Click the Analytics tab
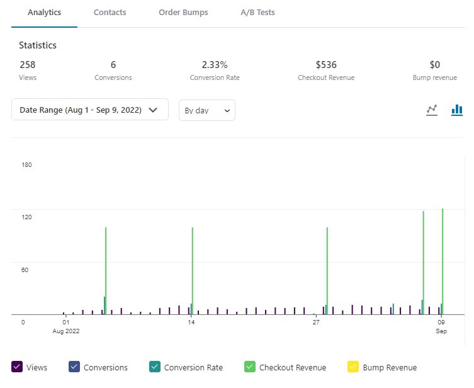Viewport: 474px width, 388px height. [44, 13]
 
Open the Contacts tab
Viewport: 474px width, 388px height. [110, 13]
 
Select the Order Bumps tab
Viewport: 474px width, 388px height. [183, 13]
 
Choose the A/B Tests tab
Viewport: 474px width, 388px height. [257, 13]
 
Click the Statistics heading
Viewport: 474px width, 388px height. [37, 45]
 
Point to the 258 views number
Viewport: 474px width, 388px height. [27, 64]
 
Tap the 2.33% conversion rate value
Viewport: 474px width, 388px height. [214, 64]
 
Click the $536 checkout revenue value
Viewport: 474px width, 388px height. [326, 64]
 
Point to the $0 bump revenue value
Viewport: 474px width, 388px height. [434, 64]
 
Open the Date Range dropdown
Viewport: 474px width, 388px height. [89, 110]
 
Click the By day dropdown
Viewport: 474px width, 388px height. [206, 110]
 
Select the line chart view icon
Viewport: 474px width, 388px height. [432, 110]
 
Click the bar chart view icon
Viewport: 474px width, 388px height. [457, 110]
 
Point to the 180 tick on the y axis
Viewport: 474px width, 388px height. [26, 165]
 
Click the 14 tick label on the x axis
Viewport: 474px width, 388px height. [191, 322]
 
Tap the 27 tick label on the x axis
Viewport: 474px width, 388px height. [316, 322]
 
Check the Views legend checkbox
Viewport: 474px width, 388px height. [18, 367]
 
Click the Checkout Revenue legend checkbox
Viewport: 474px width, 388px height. [250, 367]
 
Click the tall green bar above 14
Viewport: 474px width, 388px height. [192, 271]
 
